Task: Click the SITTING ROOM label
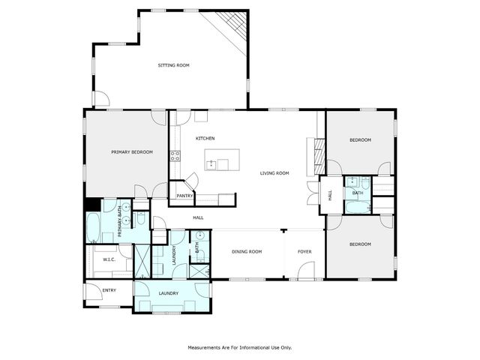(173, 65)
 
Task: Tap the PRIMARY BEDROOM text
(132, 152)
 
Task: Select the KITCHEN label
(205, 139)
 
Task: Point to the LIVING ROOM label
(274, 173)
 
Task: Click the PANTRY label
(184, 196)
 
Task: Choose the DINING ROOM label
(247, 251)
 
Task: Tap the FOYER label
(304, 251)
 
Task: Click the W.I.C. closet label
(109, 259)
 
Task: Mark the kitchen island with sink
(223, 160)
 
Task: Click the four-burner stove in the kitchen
(175, 156)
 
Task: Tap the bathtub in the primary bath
(94, 228)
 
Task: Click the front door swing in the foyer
(305, 273)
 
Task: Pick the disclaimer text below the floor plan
(239, 347)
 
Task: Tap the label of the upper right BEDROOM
(360, 140)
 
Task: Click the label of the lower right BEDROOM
(360, 244)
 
